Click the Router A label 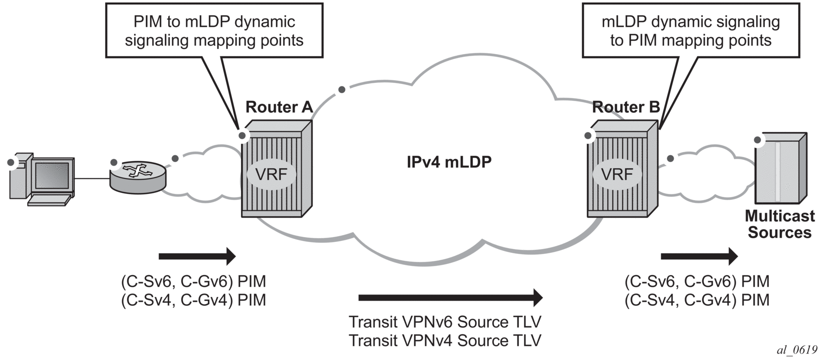pos(279,107)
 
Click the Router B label pos(626,107)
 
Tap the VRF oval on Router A pos(271,175)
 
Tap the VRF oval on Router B pos(617,175)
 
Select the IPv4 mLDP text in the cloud pos(449,162)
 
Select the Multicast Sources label pos(779,224)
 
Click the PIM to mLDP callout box pos(214,31)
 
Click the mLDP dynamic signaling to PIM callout pos(691,31)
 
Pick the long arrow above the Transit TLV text pos(450,298)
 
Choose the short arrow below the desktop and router pos(197,256)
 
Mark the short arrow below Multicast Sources pos(699,256)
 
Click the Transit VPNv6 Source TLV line pos(444,322)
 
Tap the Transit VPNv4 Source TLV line pos(444,341)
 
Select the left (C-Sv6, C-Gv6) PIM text pos(193,281)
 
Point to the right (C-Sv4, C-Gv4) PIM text pos(697,300)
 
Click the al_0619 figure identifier pos(797,350)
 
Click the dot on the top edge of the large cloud pos(341,90)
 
